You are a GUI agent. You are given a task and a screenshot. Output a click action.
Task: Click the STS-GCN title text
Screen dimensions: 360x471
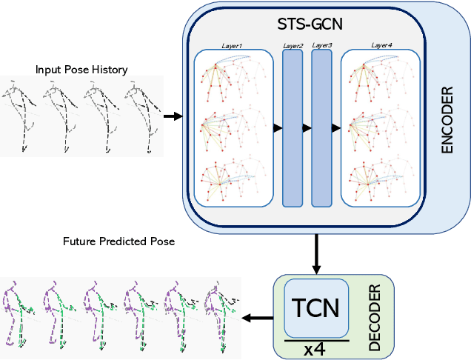tap(304, 24)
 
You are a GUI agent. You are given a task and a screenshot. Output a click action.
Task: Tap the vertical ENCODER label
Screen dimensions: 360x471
tap(446, 123)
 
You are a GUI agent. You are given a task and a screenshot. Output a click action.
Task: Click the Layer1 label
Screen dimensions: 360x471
tap(231, 46)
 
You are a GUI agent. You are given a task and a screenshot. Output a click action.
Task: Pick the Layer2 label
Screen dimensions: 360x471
tap(293, 46)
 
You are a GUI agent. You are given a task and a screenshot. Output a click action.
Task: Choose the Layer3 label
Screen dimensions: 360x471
tap(321, 46)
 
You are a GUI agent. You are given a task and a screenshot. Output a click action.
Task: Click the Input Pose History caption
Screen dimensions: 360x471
tap(81, 70)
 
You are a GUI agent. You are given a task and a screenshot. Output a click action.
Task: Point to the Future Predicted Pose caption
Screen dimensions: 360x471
tap(118, 241)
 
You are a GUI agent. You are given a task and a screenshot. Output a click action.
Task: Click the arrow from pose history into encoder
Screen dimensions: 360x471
tap(172, 116)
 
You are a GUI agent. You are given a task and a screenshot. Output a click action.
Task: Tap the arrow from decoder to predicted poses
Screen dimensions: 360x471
tap(257, 317)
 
